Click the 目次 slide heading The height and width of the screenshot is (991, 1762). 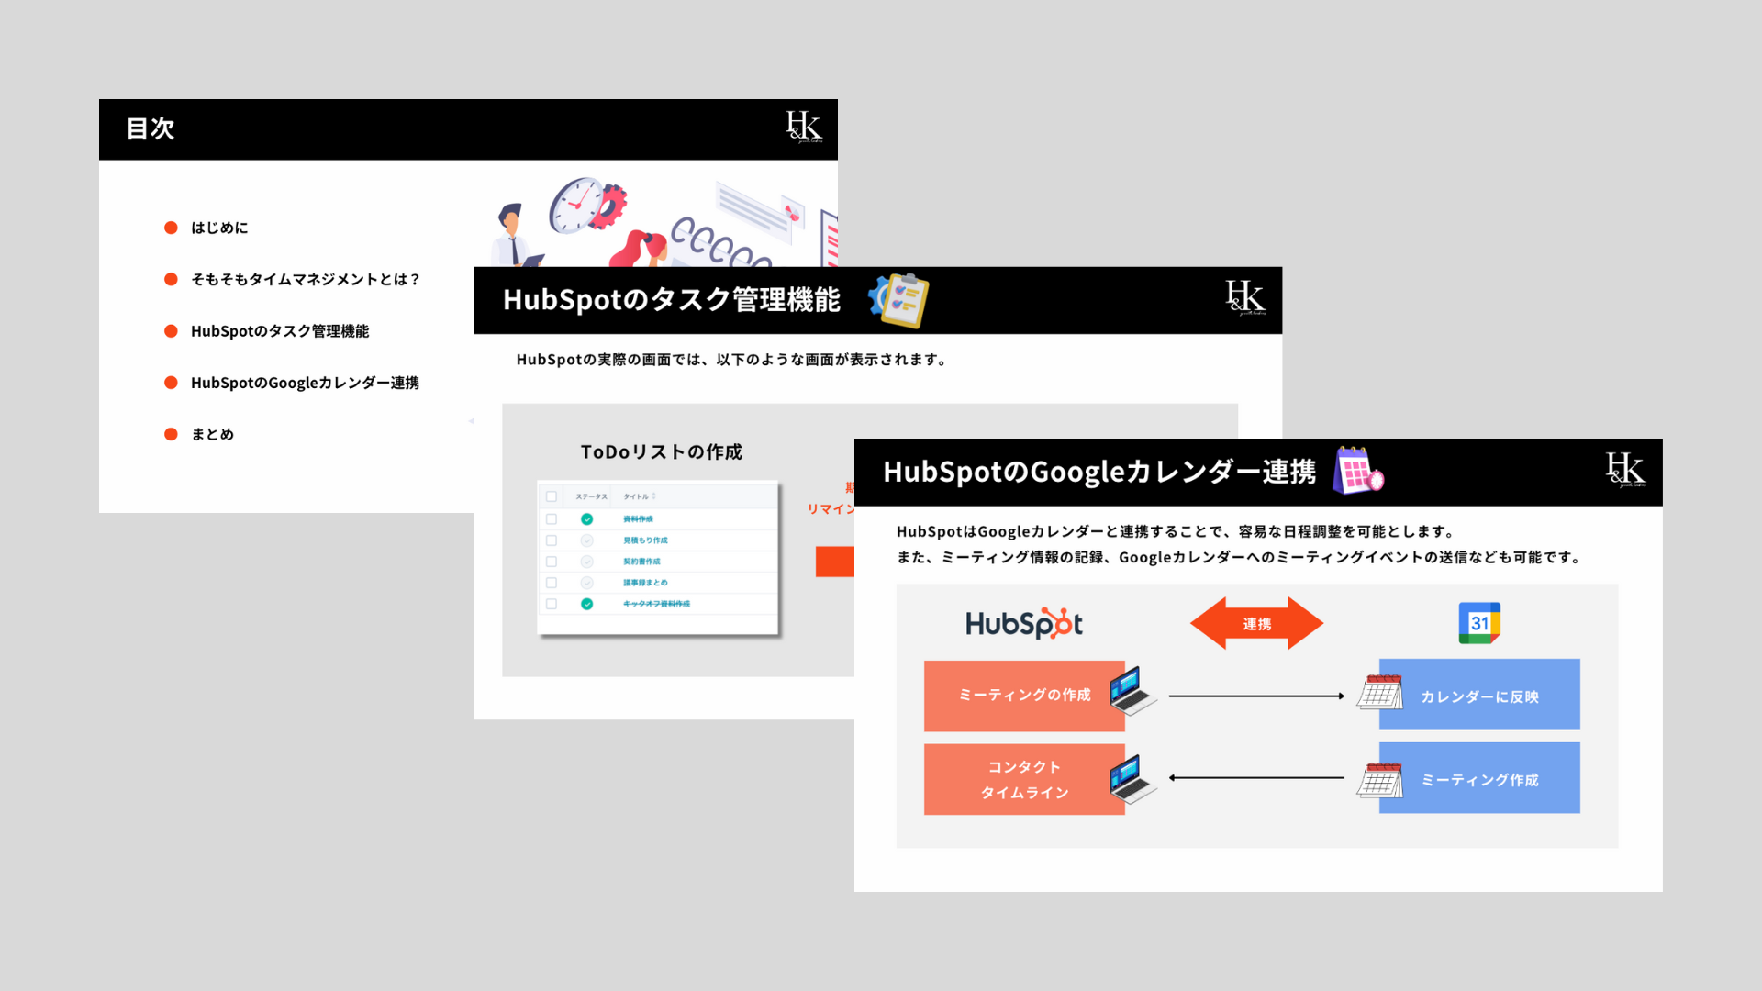151,128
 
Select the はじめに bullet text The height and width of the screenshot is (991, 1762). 219,228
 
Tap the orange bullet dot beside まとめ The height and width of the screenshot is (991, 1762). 171,434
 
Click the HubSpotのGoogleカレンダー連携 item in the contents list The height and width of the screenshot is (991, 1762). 305,383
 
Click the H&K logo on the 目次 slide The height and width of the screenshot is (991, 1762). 803,127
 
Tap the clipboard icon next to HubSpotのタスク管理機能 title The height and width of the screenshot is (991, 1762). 900,299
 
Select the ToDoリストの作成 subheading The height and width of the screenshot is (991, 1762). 661,451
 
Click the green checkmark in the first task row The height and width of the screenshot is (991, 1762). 586,519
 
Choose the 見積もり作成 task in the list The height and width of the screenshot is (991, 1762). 645,540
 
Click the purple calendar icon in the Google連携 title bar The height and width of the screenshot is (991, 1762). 1357,471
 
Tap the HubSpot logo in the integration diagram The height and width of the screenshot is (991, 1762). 1023,624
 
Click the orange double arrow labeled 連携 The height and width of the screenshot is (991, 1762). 1256,624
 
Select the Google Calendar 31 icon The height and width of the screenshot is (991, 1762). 1479,623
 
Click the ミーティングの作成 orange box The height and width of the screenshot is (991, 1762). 1023,696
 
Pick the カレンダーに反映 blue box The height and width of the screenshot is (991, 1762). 1479,696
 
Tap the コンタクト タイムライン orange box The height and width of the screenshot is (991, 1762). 1023,779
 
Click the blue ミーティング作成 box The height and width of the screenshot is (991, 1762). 1479,779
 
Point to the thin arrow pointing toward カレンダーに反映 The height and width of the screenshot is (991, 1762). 1256,696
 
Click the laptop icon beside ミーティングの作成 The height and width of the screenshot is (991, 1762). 1132,691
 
